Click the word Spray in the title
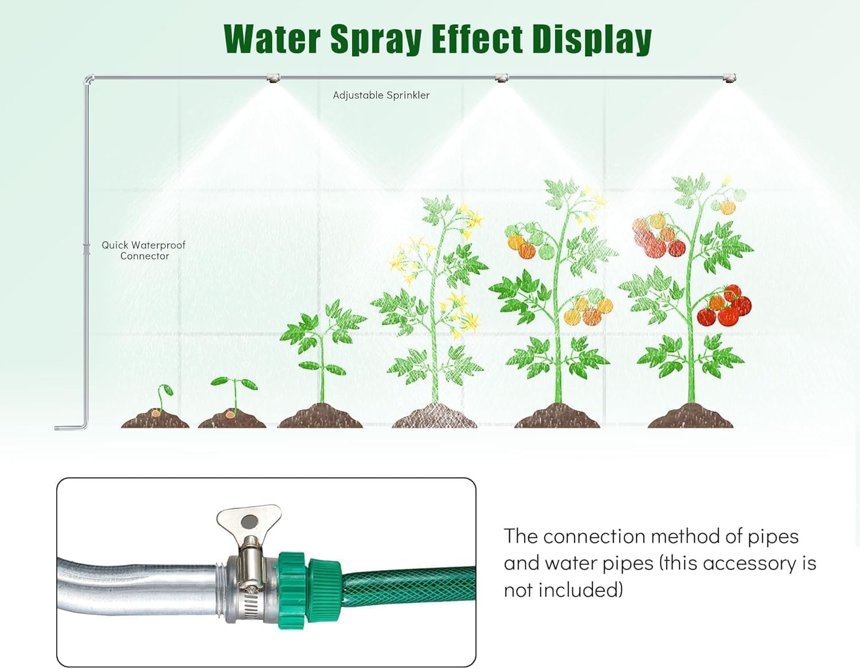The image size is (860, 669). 376,40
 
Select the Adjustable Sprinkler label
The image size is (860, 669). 381,95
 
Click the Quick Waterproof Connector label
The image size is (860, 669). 144,250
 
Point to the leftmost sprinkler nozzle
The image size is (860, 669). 273,78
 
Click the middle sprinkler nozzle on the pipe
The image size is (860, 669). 502,78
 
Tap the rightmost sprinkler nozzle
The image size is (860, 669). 729,78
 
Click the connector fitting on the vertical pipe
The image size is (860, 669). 87,249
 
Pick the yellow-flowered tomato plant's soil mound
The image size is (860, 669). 434,416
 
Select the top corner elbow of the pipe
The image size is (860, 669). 88,79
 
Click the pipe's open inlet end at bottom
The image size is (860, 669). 58,427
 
